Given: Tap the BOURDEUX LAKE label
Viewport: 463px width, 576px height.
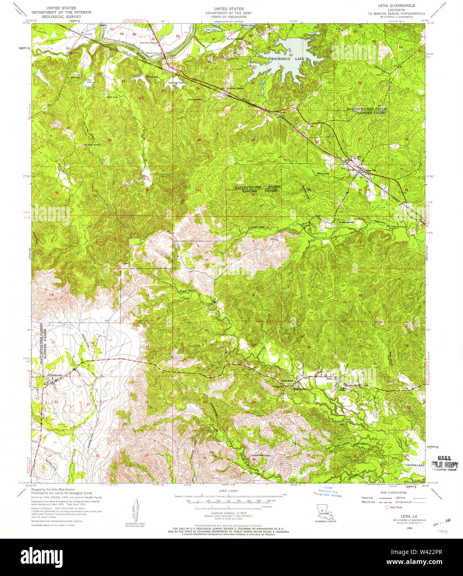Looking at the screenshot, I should (287, 59).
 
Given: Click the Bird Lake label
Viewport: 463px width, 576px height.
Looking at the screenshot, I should (89, 80).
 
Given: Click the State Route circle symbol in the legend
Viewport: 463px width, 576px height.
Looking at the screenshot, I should (388, 507).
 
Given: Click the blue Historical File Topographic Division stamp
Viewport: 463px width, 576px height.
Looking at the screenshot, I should (328, 492).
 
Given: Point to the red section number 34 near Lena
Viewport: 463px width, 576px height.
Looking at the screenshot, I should (360, 190).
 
